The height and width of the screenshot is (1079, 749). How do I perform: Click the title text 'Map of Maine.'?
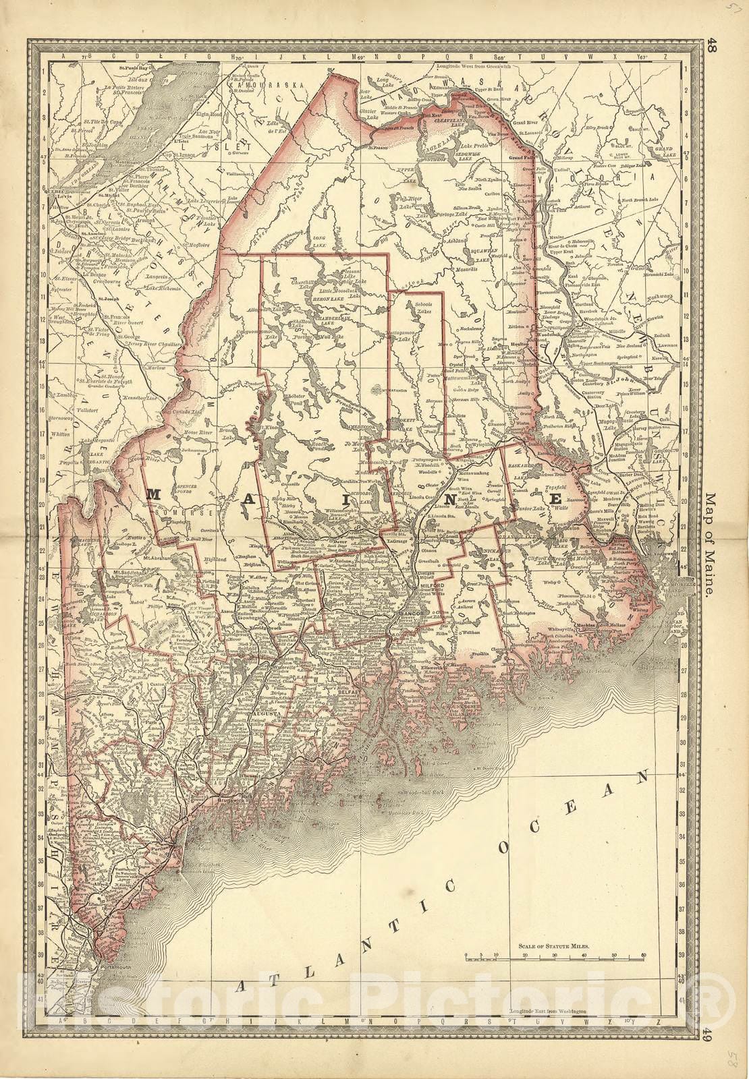712,547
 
